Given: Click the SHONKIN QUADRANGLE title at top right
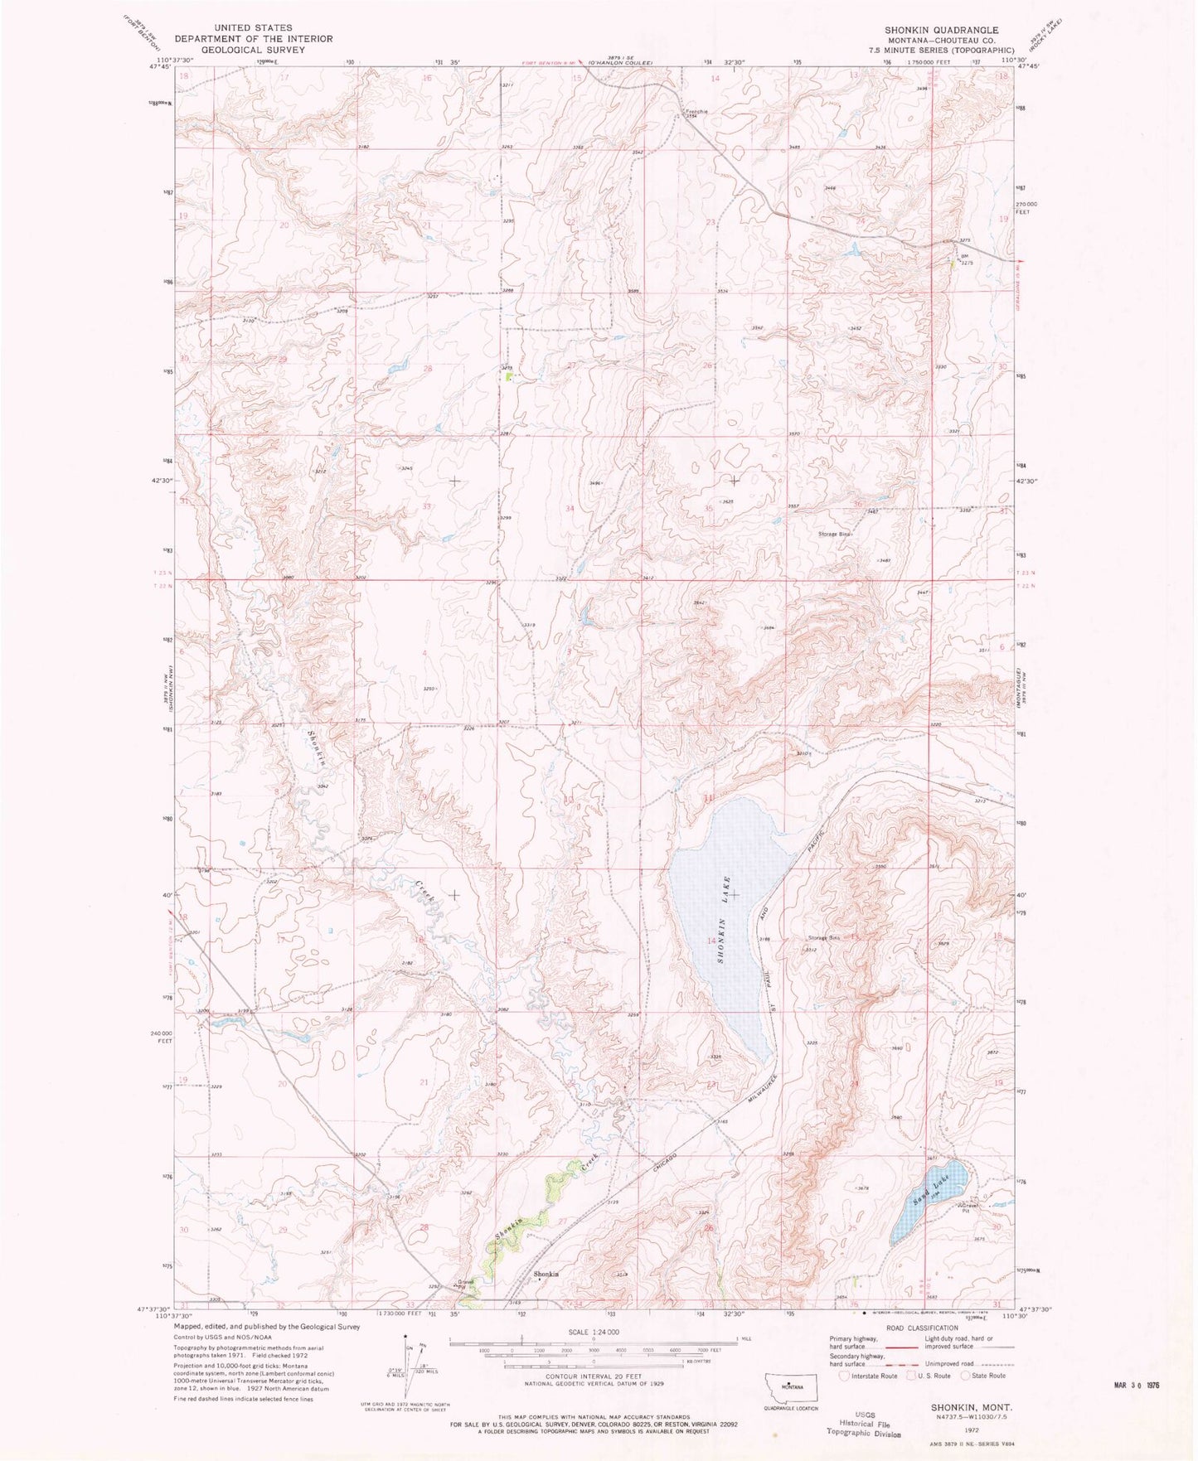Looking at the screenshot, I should click(x=941, y=30).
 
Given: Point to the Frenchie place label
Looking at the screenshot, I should click(x=694, y=111).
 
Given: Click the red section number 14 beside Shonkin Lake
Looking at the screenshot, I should click(x=711, y=941).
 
